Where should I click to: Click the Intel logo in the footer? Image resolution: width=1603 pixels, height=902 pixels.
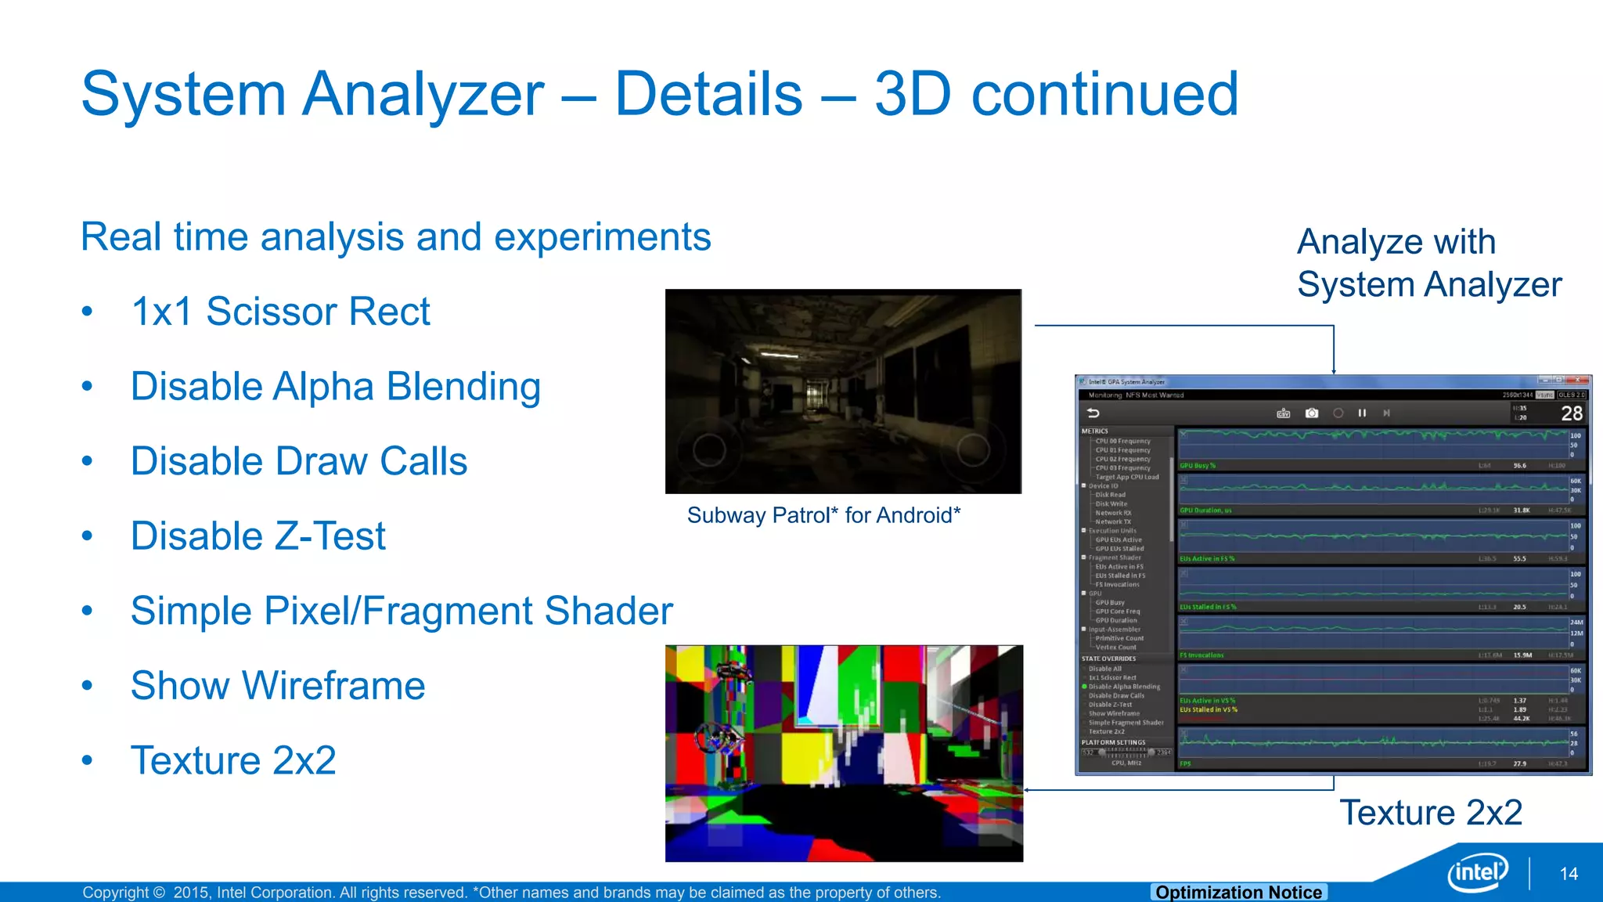click(1477, 872)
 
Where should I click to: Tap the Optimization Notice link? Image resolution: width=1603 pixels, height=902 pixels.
click(1238, 892)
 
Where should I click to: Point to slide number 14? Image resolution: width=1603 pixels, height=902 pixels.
click(1569, 874)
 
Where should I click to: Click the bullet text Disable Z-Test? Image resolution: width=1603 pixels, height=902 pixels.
click(258, 536)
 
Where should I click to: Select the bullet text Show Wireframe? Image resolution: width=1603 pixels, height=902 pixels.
click(278, 686)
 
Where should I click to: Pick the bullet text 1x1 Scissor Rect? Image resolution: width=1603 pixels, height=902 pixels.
click(280, 312)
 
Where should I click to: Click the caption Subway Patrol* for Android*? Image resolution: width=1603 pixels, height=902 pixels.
click(823, 515)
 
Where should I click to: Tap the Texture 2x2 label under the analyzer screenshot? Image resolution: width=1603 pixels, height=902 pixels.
click(1431, 813)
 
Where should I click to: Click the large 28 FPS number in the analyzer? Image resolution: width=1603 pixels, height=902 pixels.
click(1571, 413)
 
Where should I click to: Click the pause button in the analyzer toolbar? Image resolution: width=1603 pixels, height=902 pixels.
click(1362, 413)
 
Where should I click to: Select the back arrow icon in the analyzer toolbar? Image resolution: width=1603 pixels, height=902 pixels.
click(1093, 413)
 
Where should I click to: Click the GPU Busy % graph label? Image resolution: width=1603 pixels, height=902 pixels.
click(1198, 466)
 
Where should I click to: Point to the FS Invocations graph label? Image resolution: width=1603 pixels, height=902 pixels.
click(1201, 655)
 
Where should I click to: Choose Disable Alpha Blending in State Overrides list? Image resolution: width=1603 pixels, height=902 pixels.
click(1124, 687)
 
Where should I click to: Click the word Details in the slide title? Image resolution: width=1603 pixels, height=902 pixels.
click(708, 94)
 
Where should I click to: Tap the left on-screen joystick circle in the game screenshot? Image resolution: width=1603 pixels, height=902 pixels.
click(709, 449)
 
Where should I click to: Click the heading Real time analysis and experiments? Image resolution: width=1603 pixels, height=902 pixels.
click(395, 237)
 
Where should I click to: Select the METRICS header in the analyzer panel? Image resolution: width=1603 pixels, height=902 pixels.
click(1094, 431)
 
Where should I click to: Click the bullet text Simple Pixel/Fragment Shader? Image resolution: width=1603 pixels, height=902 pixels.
click(402, 612)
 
